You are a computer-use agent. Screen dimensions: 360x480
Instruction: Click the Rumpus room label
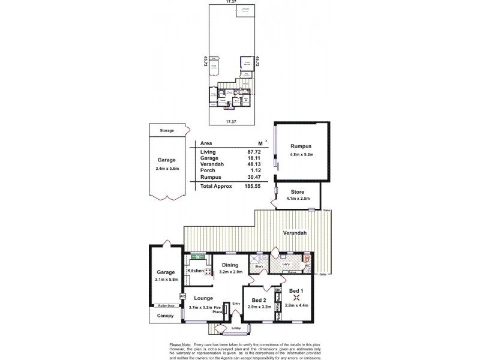click(301, 146)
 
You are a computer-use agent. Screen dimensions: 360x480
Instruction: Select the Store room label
click(298, 191)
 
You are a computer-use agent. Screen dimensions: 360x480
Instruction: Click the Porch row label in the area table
click(207, 170)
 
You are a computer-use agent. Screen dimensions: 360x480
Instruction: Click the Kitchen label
click(196, 271)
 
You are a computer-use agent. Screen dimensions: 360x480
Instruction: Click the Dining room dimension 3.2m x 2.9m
click(230, 272)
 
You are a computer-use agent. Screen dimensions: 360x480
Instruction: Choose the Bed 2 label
click(259, 300)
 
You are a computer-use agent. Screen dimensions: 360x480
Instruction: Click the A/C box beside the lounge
click(182, 296)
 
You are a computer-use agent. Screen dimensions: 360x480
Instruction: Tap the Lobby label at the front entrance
click(236, 328)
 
